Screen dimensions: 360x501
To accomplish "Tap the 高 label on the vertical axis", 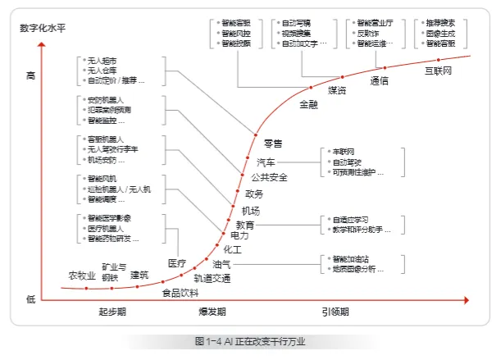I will coord(31,75).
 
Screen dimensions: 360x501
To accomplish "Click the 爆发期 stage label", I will coord(212,312).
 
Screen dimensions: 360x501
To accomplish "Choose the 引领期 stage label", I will coord(335,312).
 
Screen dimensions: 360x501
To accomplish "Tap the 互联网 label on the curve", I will coord(440,71).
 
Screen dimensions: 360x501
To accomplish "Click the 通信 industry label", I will coord(380,80).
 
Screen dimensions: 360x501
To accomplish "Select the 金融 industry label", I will coord(308,104).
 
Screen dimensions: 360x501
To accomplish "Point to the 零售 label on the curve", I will coord(272,144).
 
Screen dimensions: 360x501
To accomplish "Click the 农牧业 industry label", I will coord(81,275).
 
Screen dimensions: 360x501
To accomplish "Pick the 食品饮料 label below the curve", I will coord(180,293).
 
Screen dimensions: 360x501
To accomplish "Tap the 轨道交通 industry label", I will coord(212,279).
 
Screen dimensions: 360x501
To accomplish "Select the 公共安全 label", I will coord(269,177).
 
